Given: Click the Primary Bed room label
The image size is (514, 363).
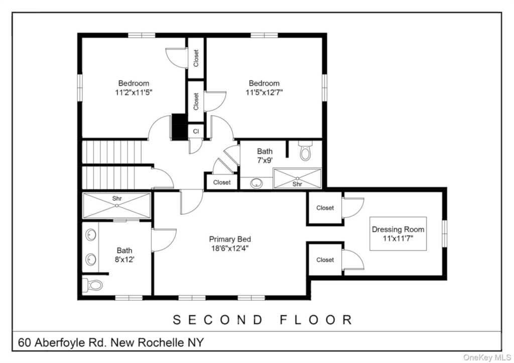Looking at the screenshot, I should pyautogui.click(x=230, y=239).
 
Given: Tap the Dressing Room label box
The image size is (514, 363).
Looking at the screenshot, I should pyautogui.click(x=398, y=234).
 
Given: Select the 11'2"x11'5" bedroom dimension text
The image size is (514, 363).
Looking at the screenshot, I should pyautogui.click(x=134, y=92).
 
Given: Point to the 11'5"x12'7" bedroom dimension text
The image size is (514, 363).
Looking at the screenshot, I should pyautogui.click(x=264, y=92).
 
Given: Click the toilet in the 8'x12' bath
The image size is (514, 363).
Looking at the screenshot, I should pyautogui.click(x=93, y=285).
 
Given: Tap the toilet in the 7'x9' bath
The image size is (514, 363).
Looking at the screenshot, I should pyautogui.click(x=305, y=151).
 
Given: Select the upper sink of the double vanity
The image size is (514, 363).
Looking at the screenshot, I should pyautogui.click(x=91, y=235).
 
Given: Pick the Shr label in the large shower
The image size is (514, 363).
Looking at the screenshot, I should pyautogui.click(x=116, y=199).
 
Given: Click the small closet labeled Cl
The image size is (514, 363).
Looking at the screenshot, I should pyautogui.click(x=196, y=130).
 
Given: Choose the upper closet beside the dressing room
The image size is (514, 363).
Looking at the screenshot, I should pyautogui.click(x=325, y=208).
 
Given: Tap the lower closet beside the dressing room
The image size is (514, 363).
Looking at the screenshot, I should pyautogui.click(x=325, y=260).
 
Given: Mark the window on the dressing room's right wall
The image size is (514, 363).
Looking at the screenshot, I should pyautogui.click(x=444, y=233).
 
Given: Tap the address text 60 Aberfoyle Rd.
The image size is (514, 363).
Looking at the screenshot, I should pyautogui.click(x=63, y=343).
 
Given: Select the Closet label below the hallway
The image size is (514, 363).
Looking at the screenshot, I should pyautogui.click(x=222, y=183).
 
